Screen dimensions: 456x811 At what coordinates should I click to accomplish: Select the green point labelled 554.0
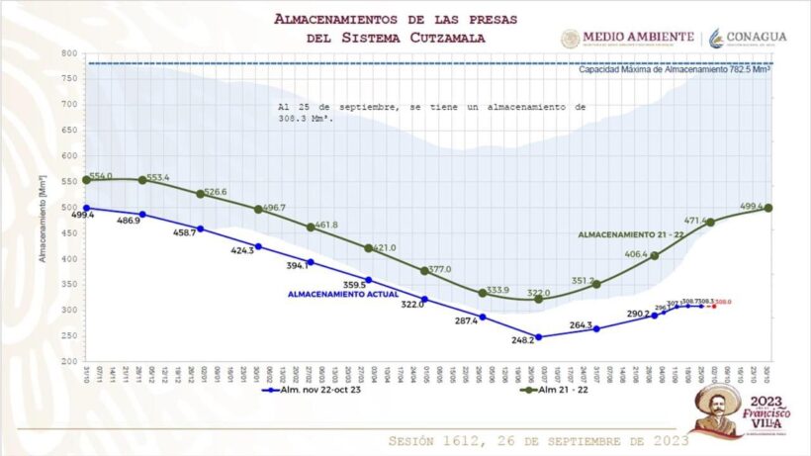[86, 180]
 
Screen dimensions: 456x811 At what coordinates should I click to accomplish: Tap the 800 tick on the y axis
[68, 52]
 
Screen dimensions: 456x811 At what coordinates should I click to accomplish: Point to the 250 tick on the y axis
[68, 336]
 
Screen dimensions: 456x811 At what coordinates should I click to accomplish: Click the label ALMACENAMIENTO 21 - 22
[629, 235]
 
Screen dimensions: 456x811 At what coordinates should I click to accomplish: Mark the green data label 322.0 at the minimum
[538, 293]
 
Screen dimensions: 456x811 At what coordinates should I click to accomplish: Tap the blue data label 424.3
[241, 250]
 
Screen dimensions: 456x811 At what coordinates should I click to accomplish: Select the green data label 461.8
[325, 226]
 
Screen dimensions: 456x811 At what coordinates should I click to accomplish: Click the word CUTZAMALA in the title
[446, 38]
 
